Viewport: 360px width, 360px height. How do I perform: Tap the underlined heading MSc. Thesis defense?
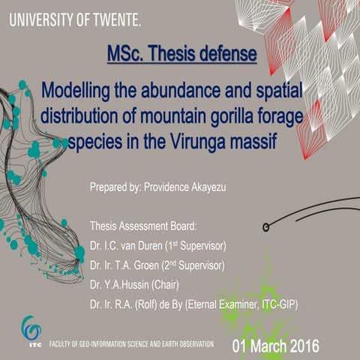tap(182, 54)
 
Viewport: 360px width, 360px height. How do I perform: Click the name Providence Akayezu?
tap(185, 187)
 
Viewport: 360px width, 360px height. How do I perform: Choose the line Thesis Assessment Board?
tap(143, 226)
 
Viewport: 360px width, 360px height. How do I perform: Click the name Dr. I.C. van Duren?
tap(126, 246)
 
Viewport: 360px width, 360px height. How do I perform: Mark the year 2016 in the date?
tap(304, 346)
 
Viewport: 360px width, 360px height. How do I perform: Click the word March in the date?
tap(268, 346)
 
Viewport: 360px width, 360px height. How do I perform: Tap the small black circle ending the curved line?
tap(265, 227)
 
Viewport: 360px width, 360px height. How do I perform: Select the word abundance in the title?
tap(181, 91)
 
